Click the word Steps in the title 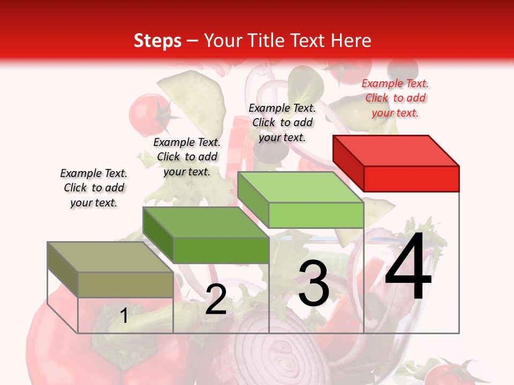157,41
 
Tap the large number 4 408,267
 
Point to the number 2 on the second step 216,299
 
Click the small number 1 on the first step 124,316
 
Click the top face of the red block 395,150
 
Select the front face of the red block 411,179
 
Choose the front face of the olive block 125,284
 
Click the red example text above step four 395,98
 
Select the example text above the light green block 282,122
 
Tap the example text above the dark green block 187,157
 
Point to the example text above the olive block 94,188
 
